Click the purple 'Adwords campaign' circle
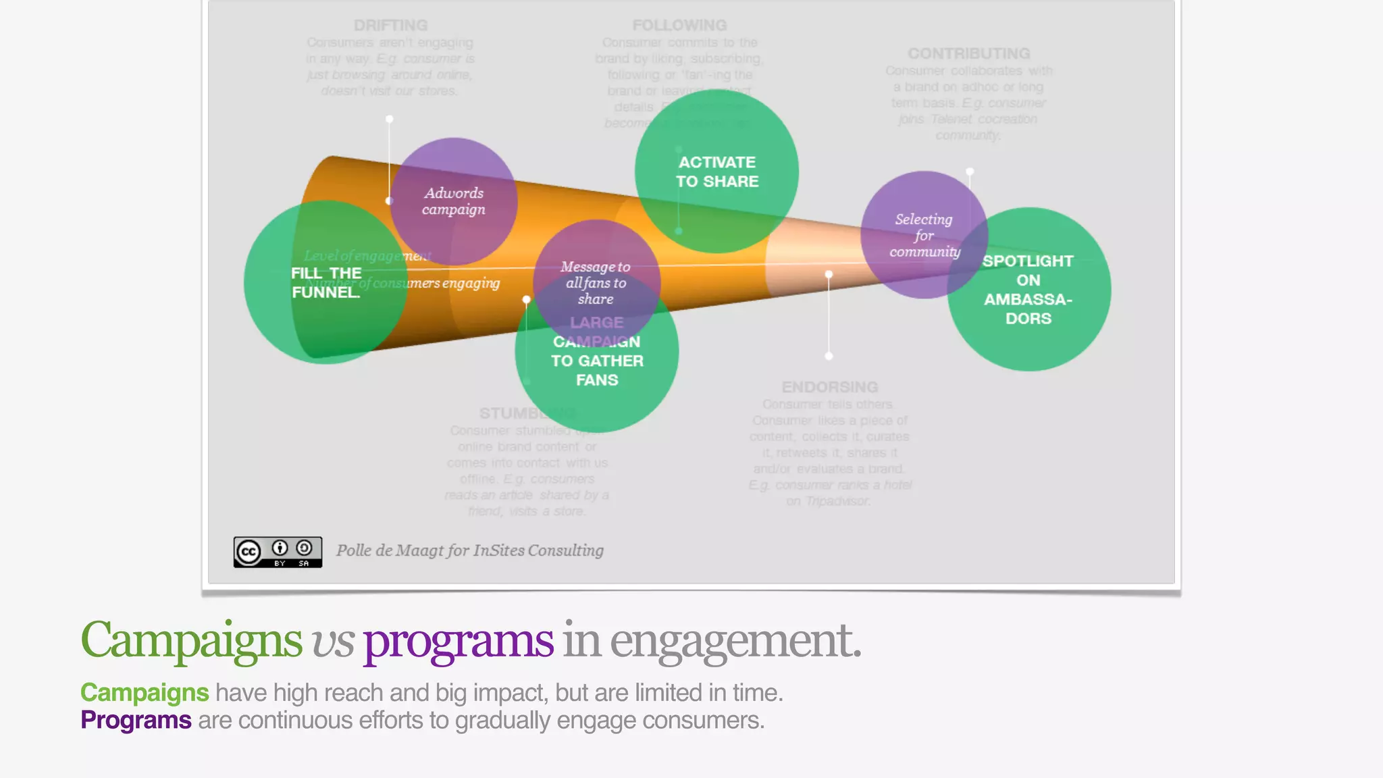pos(454,201)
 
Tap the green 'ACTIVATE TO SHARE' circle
pos(717,172)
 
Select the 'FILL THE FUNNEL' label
pos(326,282)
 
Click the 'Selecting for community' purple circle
pos(924,235)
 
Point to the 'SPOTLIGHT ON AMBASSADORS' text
pos(1028,290)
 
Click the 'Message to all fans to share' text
pos(596,283)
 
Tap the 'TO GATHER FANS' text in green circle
pos(597,370)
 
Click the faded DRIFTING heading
pos(390,26)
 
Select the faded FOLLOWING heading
pos(679,26)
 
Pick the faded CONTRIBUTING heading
pos(968,53)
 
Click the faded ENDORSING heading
pos(830,387)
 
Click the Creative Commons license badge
pos(278,552)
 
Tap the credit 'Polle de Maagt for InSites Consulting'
pos(470,550)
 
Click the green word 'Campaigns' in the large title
pos(191,640)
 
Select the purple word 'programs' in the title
pos(459,640)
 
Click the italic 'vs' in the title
pos(332,642)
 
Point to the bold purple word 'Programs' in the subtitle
pos(136,720)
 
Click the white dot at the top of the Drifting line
pos(390,120)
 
